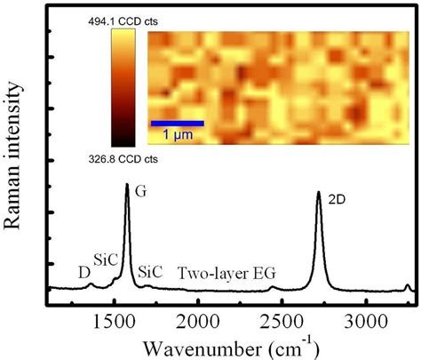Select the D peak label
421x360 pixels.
[x=83, y=273]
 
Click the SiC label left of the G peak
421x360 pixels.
[x=106, y=260]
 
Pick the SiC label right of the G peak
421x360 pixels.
[x=150, y=272]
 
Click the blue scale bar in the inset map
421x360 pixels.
[x=177, y=123]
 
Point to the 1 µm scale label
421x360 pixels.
[x=177, y=135]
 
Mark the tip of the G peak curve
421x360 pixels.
[x=127, y=184]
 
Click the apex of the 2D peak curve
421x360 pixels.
[x=318, y=192]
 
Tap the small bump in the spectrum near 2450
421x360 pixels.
[x=273, y=287]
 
